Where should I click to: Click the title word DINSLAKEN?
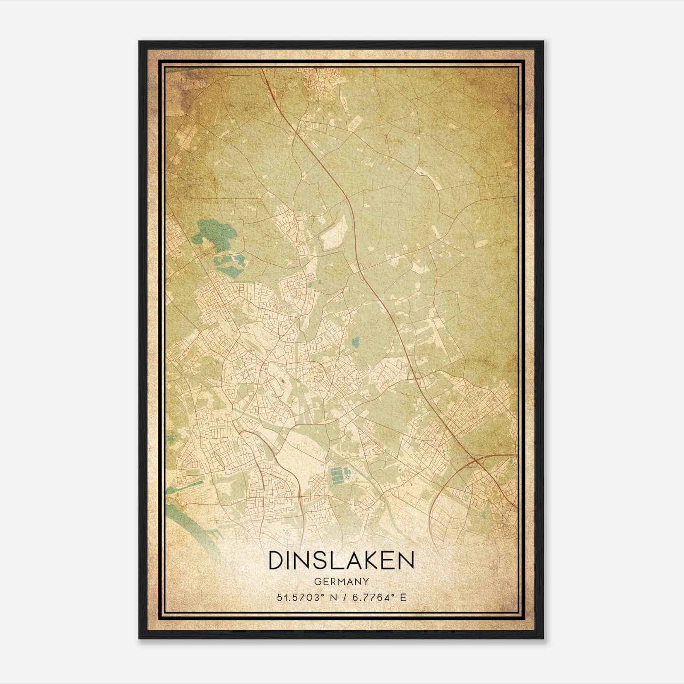pos(342,560)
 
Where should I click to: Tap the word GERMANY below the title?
pos(342,581)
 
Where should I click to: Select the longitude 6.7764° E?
pos(377,597)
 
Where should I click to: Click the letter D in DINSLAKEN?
pos(276,560)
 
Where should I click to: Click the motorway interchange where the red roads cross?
pos(475,461)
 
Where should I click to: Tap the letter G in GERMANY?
pos(317,581)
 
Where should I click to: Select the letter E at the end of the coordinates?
pos(403,597)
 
